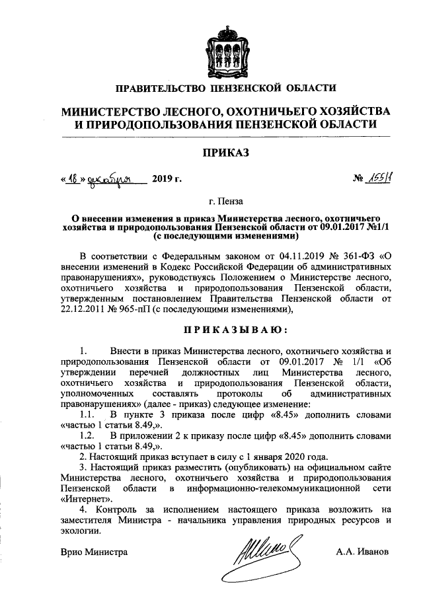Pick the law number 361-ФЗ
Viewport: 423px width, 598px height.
pyautogui.click(x=352, y=254)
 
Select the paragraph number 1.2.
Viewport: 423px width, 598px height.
pyautogui.click(x=88, y=436)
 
